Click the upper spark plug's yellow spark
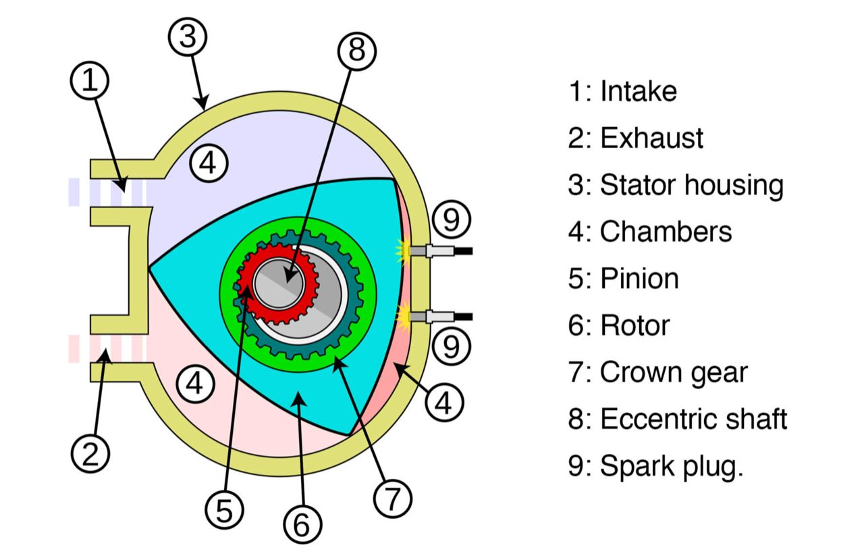[404, 251]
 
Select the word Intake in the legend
[638, 91]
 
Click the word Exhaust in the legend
[651, 138]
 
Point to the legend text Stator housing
[691, 184]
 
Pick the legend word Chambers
[666, 232]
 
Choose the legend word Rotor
[634, 326]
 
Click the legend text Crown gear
[674, 372]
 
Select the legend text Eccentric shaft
[693, 419]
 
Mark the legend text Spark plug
[671, 467]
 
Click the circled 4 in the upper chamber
[208, 163]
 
